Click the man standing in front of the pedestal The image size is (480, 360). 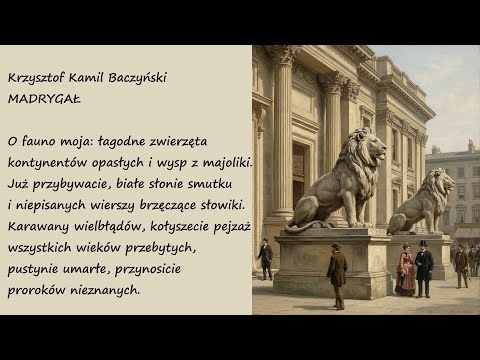tap(337, 273)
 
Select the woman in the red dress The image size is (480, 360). tap(404, 272)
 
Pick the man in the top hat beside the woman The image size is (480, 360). tap(423, 267)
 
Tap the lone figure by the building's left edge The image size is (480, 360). tap(265, 257)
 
